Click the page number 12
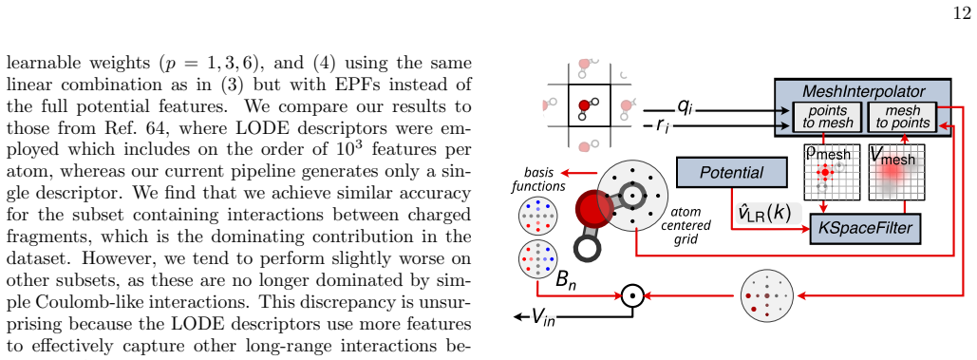pyautogui.click(x=963, y=14)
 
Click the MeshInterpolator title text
pyautogui.click(x=863, y=91)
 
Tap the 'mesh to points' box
pyautogui.click(x=902, y=117)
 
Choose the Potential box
pyautogui.click(x=731, y=172)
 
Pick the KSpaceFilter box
pyautogui.click(x=865, y=228)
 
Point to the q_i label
pyautogui.click(x=685, y=107)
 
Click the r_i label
pyautogui.click(x=662, y=126)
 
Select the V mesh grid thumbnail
pyautogui.click(x=896, y=173)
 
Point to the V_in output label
pyautogui.click(x=542, y=317)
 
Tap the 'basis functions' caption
pyautogui.click(x=544, y=179)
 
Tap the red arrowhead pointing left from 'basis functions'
pyautogui.click(x=563, y=172)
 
